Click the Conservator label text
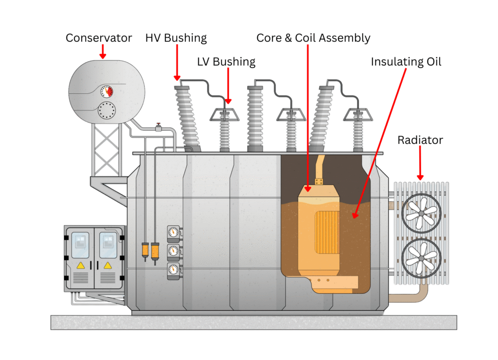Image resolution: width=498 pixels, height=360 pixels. point(99,38)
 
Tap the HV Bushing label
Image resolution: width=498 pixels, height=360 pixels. point(176,38)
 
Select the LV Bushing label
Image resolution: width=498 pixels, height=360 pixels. point(226,62)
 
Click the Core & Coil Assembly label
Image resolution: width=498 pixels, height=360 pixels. point(313,38)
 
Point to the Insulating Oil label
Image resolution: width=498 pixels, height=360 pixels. point(406,62)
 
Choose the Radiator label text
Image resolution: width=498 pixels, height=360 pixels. point(420,140)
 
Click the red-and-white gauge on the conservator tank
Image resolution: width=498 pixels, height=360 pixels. point(107,91)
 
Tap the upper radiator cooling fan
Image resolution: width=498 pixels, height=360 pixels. point(421,213)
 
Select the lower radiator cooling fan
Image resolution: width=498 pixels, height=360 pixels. point(421,257)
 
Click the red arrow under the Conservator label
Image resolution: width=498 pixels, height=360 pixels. point(102,52)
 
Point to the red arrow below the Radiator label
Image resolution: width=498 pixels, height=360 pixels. point(420,166)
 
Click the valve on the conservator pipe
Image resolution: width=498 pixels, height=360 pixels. point(158,127)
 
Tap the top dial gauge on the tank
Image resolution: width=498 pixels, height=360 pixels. point(173,233)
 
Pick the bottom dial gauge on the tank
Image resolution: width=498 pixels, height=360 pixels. point(173,269)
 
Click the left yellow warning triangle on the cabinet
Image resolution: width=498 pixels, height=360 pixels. point(81,265)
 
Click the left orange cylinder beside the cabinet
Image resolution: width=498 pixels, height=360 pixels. point(145,251)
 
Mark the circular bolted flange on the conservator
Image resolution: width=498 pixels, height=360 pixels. point(107,111)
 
